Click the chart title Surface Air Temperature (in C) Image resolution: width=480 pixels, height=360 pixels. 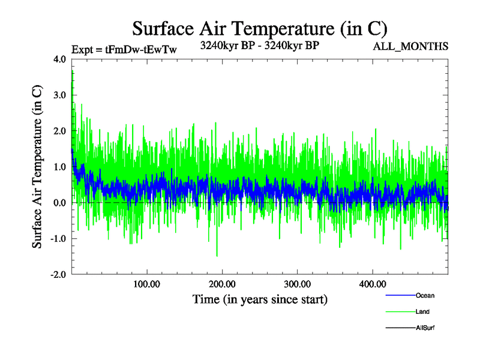click(260, 28)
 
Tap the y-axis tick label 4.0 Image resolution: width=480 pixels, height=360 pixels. click(60, 59)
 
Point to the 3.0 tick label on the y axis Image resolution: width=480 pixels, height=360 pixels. click(60, 95)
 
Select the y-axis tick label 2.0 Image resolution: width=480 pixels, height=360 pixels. click(60, 131)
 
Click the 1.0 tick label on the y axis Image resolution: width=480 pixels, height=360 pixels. click(60, 167)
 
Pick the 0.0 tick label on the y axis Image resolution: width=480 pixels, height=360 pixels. click(60, 203)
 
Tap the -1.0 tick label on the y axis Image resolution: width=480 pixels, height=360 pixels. click(58, 239)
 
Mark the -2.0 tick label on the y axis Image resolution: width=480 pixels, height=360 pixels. click(58, 275)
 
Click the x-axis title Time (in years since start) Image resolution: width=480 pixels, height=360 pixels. click(260, 299)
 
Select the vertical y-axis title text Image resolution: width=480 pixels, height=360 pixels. click(37, 167)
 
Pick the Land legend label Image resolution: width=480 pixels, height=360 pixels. click(422, 312)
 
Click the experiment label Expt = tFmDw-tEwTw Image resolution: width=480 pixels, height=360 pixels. click(124, 50)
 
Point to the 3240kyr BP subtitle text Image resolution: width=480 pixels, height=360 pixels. click(259, 44)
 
